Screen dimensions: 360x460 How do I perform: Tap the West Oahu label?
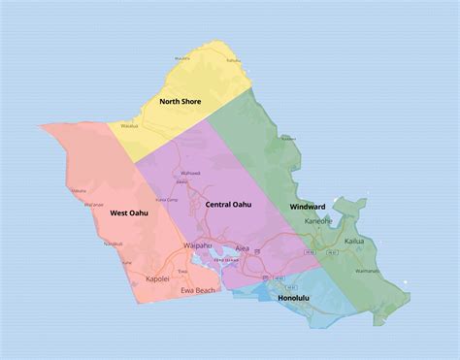point(129,213)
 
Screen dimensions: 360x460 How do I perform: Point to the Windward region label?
point(308,207)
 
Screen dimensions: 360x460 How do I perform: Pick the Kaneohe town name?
point(318,221)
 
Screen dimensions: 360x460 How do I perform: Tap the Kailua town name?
point(354,240)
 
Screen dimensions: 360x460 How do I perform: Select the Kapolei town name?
point(157,278)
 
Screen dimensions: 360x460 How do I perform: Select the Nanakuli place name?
point(113,244)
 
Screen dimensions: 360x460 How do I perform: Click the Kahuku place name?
point(233,60)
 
